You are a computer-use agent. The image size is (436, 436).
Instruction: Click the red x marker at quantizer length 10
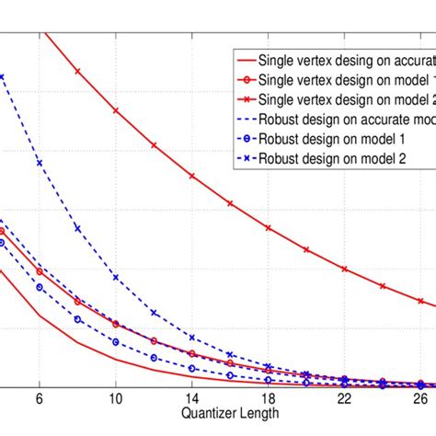116,110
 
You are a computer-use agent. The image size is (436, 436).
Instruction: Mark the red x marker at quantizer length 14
191,176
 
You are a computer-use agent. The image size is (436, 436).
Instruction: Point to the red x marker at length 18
268,227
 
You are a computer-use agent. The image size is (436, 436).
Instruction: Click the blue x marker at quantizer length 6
39,163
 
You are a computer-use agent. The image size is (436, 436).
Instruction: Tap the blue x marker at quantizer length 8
77,229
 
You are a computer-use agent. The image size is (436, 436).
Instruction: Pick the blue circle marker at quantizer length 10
116,341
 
